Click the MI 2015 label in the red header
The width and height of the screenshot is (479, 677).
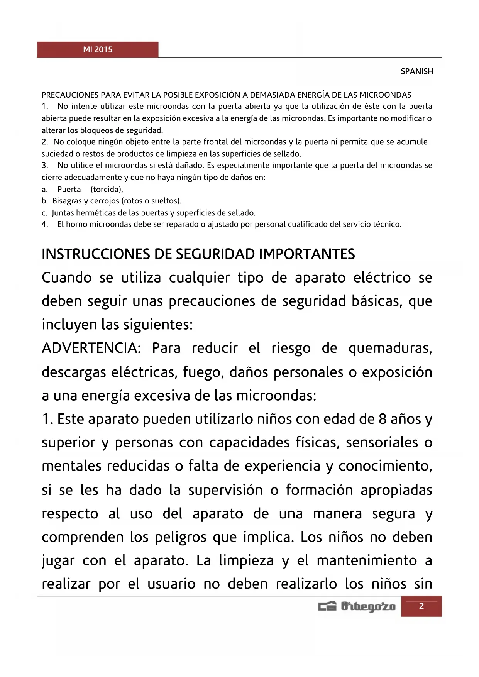[x=98, y=50]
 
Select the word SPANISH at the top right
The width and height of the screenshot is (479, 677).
[x=417, y=71]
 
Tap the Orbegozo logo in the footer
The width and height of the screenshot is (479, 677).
[x=357, y=606]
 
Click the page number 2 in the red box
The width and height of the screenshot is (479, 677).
[x=421, y=606]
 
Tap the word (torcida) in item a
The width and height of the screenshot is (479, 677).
[x=107, y=190]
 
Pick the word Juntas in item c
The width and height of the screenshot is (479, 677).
[x=63, y=213]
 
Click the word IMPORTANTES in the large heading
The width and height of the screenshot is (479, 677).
[x=307, y=254]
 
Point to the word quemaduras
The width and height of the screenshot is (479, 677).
[x=390, y=349]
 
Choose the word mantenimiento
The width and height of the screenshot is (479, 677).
[x=367, y=561]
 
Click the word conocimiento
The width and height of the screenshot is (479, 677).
[x=385, y=466]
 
